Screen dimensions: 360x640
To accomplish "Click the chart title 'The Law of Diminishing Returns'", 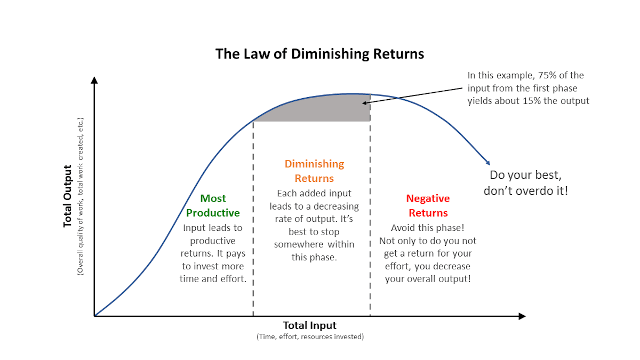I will pyautogui.click(x=319, y=54).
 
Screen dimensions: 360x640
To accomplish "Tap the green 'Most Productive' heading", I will pyautogui.click(x=213, y=205).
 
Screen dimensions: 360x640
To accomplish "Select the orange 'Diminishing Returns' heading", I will pyautogui.click(x=314, y=171).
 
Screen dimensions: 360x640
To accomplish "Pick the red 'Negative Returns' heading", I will pyautogui.click(x=427, y=205).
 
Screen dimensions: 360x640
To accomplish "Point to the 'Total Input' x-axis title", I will pyautogui.click(x=309, y=325).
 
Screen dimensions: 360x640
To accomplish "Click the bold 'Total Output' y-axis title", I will pyautogui.click(x=68, y=196).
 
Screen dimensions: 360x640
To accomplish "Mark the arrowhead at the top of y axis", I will pyautogui.click(x=94, y=80).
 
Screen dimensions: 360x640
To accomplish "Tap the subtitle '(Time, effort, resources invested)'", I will pyautogui.click(x=310, y=337).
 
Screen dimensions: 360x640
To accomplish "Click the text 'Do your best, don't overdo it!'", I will pyautogui.click(x=525, y=182).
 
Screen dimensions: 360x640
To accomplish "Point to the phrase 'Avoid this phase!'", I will pyautogui.click(x=427, y=228).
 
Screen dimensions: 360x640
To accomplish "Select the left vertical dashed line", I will pyautogui.click(x=253, y=224).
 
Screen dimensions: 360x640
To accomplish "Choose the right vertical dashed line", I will pyautogui.click(x=370, y=224).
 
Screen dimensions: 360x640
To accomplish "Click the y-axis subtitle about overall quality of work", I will pyautogui.click(x=81, y=196).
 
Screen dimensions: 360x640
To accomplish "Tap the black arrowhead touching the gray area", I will pyautogui.click(x=365, y=102).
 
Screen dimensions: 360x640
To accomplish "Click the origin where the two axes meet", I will pyautogui.click(x=94, y=316).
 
